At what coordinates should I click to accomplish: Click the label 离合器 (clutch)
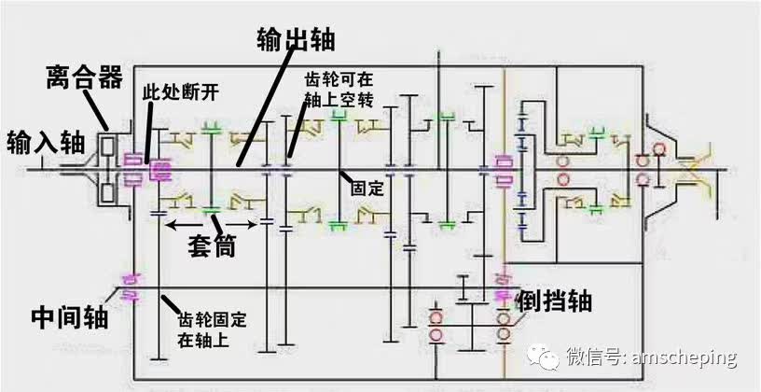pos(84,78)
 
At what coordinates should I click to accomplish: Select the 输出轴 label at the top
pos(296,39)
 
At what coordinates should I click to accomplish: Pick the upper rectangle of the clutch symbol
pos(108,147)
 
